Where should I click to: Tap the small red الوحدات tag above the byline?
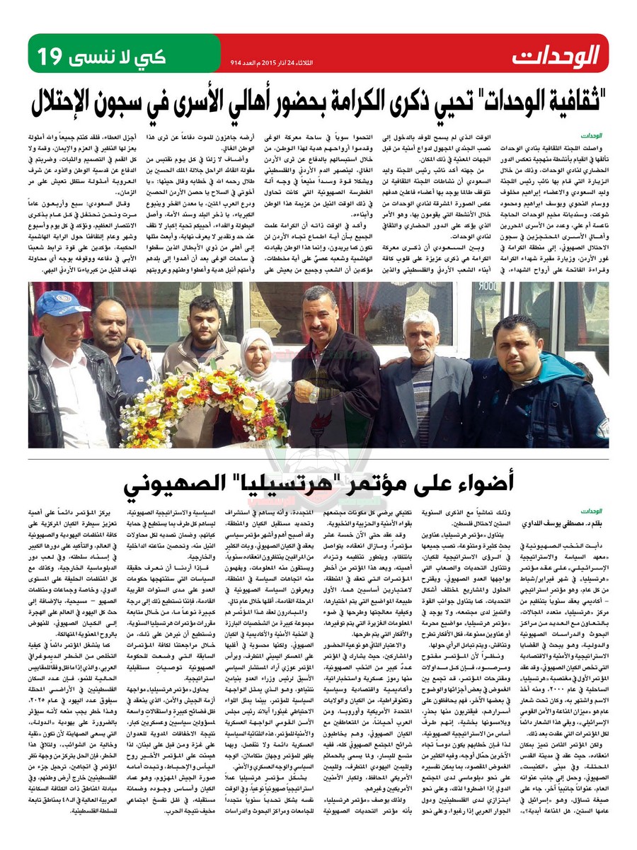591,510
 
